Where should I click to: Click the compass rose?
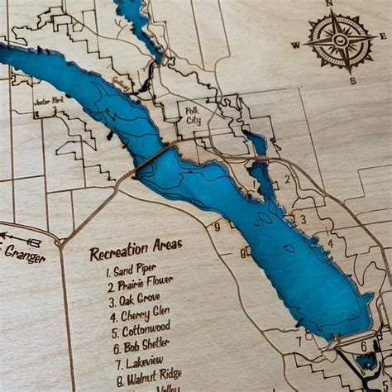340,39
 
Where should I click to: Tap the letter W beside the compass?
295,45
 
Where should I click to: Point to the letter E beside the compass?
383,36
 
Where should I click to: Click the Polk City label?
191,115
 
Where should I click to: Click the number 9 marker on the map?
217,227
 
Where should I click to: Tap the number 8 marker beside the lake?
243,252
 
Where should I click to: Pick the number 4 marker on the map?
330,244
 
